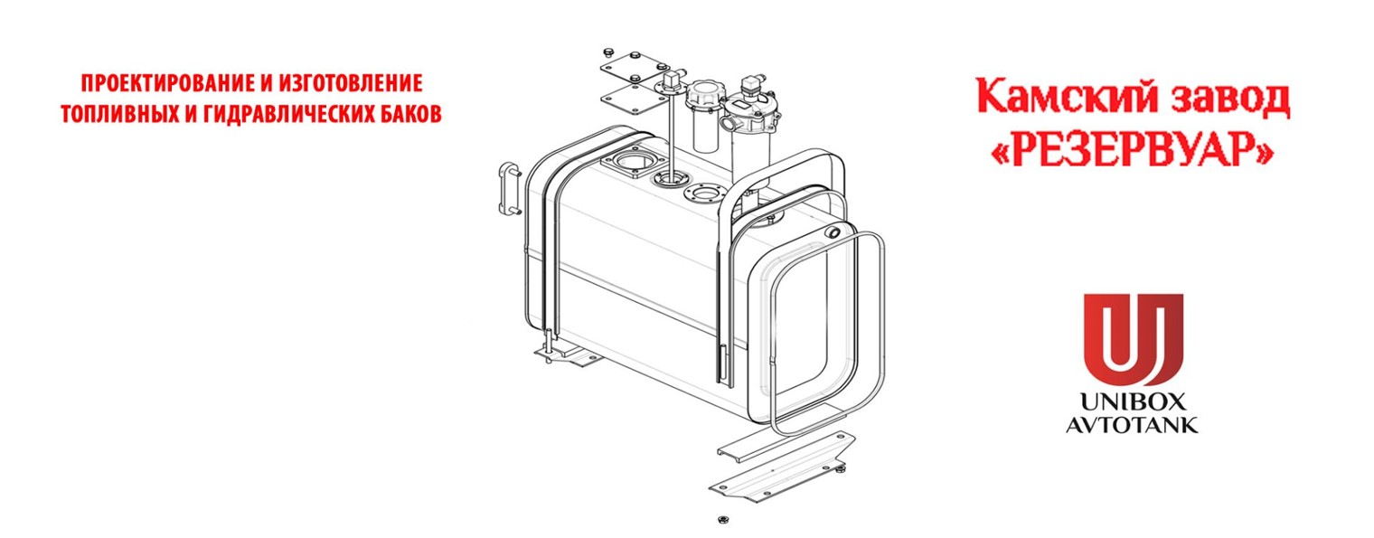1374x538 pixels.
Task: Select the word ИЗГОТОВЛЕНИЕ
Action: (350, 83)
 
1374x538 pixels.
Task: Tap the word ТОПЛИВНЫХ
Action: (118, 114)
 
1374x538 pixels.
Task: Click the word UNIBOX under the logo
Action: (1133, 401)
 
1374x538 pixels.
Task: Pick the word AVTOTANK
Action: (1133, 424)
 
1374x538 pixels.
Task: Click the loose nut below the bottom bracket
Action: (723, 520)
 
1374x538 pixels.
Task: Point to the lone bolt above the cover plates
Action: (608, 51)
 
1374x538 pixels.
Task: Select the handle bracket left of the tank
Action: (510, 188)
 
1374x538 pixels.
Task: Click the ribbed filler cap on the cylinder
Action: (705, 95)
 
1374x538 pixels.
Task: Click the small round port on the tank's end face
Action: (833, 232)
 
